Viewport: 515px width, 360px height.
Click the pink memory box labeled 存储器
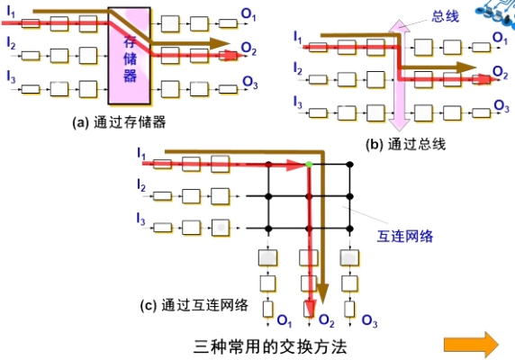[x=130, y=56]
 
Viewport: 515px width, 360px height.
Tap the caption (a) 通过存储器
[x=119, y=122]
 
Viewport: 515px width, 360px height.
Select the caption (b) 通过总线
[x=406, y=144]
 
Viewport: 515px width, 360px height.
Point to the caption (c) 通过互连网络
[x=194, y=305]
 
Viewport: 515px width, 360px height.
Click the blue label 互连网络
[x=405, y=237]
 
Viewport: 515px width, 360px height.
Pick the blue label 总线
[x=445, y=16]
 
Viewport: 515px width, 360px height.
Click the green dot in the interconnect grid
[x=309, y=164]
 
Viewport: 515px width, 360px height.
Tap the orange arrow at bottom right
[x=471, y=345]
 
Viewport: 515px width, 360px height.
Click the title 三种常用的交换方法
[x=270, y=346]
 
